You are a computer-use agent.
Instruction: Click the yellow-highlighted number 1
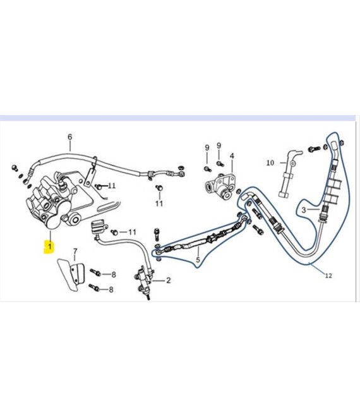49,246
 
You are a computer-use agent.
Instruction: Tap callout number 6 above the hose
69,137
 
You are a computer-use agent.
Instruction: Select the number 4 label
232,155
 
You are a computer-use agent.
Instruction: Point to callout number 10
270,162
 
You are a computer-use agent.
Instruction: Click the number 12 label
328,275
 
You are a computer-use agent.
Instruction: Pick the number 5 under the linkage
198,260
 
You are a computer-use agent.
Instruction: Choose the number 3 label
304,210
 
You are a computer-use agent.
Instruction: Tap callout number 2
168,280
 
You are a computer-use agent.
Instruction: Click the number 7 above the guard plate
75,251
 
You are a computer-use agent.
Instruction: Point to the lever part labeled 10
289,173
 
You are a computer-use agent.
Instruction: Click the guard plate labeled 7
71,274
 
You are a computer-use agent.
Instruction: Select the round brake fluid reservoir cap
98,226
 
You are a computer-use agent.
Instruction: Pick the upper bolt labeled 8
95,272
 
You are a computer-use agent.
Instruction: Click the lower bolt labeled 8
95,287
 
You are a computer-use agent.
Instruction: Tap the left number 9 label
207,148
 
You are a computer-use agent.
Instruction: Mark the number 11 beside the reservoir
132,232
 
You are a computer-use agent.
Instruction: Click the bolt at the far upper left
14,167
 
